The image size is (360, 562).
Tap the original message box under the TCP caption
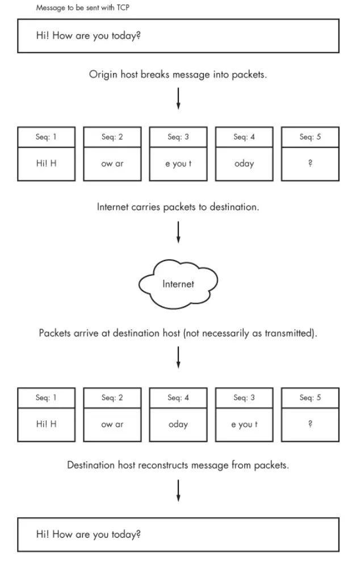[x=178, y=36]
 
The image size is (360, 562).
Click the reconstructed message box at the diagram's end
[x=178, y=534]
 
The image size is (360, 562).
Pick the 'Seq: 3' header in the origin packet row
[x=178, y=137]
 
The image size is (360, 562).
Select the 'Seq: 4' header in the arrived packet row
[x=178, y=398]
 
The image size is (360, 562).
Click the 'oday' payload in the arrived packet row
[x=178, y=424]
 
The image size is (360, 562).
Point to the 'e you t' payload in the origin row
[x=178, y=163]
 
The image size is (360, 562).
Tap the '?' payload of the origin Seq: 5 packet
[x=310, y=163]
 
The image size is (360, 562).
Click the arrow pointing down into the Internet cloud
[x=178, y=232]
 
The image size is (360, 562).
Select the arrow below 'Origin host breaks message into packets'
[x=178, y=98]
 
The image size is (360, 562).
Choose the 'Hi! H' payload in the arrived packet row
[x=47, y=424]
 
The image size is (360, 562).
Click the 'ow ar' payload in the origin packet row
[x=112, y=163]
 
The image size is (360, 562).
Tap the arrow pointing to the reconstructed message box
[x=178, y=490]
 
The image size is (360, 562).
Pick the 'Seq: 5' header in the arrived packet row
[x=310, y=398]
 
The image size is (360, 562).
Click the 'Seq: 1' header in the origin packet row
[x=47, y=137]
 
